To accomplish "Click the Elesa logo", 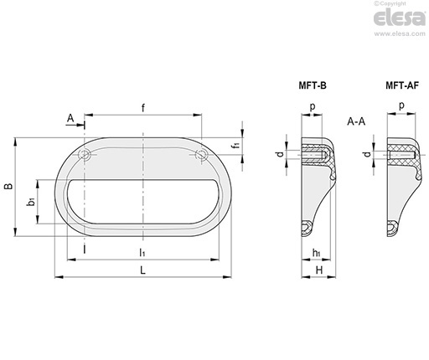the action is tap(400, 18).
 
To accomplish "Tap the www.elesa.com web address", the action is tap(400, 34).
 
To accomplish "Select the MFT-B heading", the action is tap(313, 85).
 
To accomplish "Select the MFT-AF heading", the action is tap(402, 85).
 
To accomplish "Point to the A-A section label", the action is tap(356, 121).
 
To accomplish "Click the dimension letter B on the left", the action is tap(8, 187).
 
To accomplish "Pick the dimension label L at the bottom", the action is tap(142, 270).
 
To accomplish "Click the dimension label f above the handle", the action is tap(143, 108).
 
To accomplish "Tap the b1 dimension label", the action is tap(31, 201).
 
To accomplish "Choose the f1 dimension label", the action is tap(236, 145).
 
